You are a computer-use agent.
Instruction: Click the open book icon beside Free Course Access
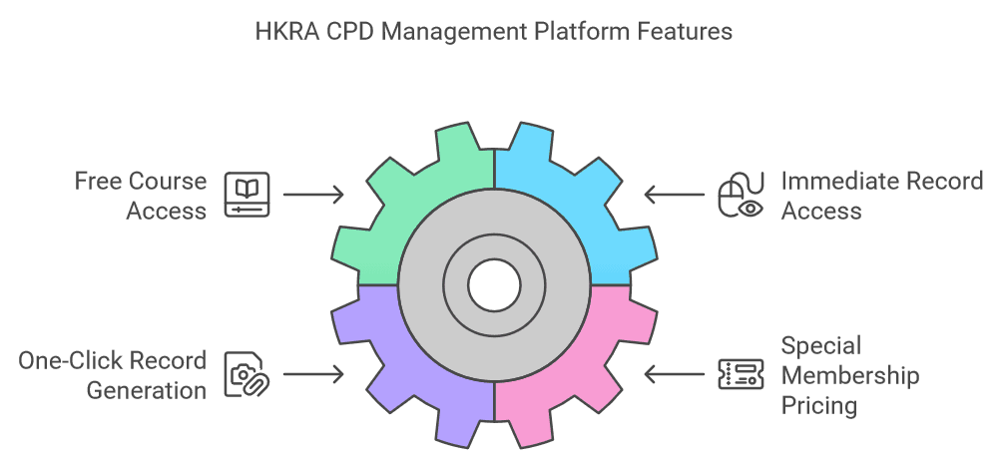pos(246,194)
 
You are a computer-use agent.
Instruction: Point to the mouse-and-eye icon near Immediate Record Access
pos(741,194)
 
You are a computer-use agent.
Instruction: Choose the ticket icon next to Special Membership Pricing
pos(741,374)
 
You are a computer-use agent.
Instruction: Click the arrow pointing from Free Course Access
pos(313,194)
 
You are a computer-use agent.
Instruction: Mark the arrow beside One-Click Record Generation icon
pos(313,374)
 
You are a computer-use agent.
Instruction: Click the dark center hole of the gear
pos(494,283)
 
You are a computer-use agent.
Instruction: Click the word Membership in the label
pos(849,375)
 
